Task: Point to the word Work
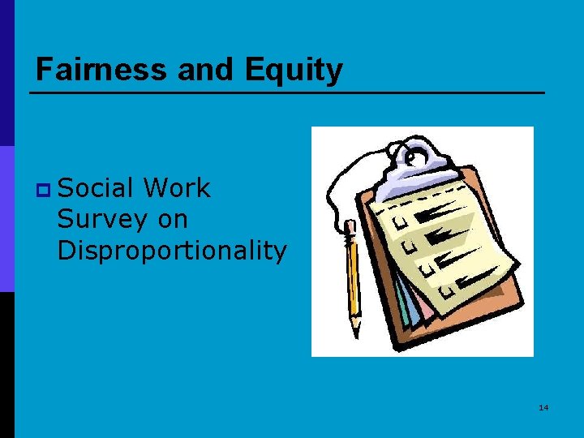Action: pos(176,188)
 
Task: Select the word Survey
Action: pos(95,219)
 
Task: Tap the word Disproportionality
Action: pos(172,251)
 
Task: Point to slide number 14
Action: pos(543,406)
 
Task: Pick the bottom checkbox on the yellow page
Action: pos(441,290)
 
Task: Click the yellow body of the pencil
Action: pos(354,276)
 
